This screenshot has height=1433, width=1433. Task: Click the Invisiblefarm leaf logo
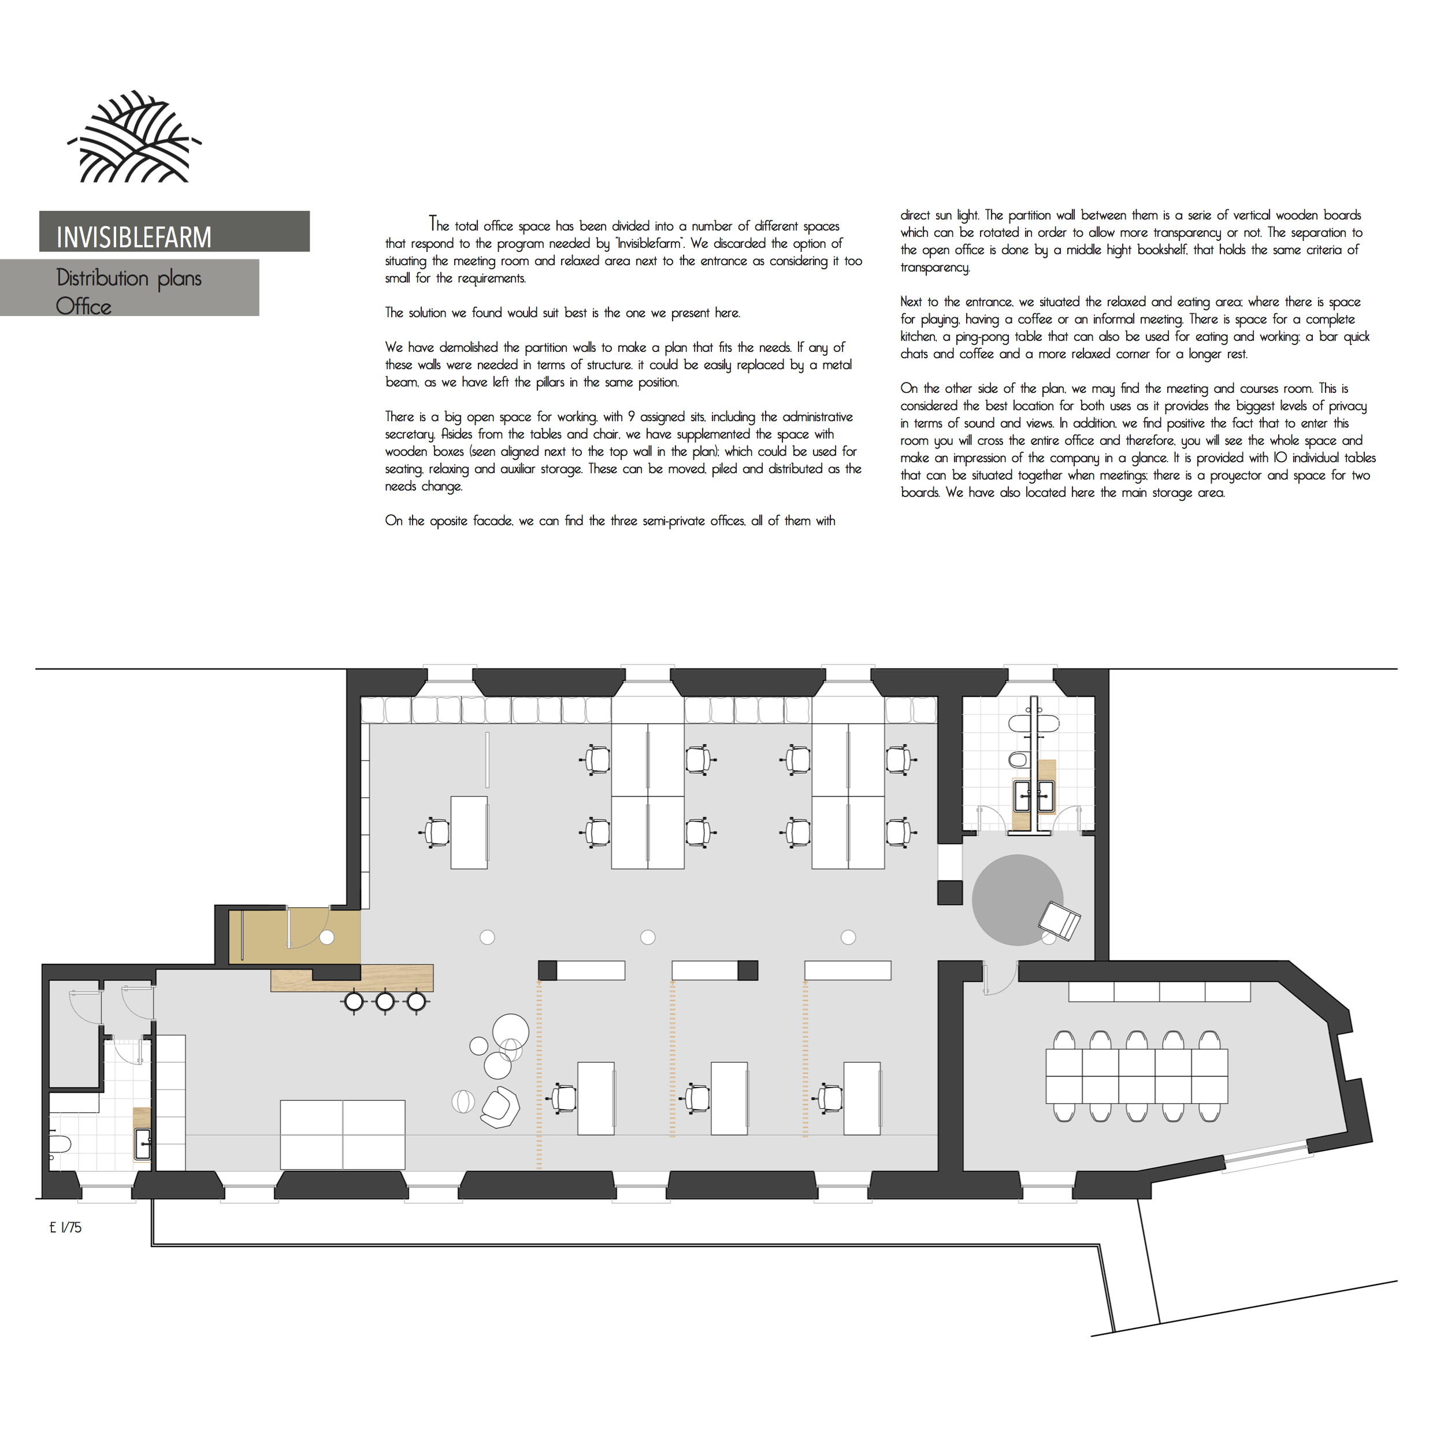134,136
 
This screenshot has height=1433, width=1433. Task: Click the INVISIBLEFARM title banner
175,231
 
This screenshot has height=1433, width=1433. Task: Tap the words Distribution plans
129,278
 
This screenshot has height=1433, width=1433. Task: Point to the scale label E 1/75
65,1227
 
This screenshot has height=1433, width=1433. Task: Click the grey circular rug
1018,900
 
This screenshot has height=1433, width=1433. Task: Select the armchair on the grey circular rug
1059,920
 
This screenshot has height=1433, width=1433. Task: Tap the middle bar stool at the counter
385,1002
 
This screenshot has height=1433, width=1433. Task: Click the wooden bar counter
352,978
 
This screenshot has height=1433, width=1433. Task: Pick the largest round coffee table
511,1033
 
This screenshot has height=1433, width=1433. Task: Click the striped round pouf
463,1101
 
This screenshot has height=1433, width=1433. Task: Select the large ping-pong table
343,1135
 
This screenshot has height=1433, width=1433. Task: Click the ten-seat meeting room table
1137,1076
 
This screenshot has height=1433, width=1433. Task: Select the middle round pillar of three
648,937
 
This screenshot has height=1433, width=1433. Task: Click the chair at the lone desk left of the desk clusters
437,832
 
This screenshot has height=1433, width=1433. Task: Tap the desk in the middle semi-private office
729,1098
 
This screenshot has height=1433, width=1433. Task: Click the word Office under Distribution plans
84,306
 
